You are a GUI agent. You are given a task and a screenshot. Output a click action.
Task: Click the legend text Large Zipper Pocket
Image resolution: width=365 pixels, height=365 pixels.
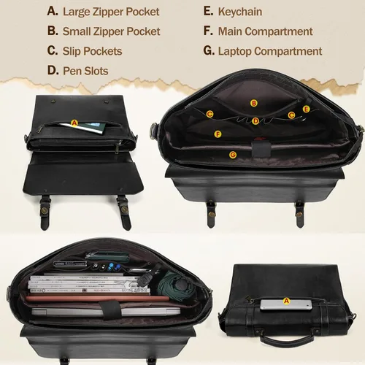111,12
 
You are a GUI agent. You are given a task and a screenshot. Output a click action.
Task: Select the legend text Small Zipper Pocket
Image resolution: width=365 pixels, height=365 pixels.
111,31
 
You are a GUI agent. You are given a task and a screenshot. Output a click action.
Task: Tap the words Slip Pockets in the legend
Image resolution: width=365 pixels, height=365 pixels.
92,51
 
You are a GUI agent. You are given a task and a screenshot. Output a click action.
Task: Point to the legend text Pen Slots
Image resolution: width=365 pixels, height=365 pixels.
85,71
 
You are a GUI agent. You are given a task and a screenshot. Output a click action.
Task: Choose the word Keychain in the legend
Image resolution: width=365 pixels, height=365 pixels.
240,12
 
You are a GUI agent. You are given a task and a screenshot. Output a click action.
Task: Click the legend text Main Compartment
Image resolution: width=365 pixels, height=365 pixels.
265,31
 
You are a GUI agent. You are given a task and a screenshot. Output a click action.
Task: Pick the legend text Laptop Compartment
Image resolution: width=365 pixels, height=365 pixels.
270,51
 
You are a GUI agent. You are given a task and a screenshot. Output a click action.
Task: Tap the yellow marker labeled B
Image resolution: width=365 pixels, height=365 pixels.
254,103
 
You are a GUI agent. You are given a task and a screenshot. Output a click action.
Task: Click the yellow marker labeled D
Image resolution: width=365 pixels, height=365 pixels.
255,121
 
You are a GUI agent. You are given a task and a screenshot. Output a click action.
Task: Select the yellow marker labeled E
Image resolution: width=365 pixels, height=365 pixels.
306,109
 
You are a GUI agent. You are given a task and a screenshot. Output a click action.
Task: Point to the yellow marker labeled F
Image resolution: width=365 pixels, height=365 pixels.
218,134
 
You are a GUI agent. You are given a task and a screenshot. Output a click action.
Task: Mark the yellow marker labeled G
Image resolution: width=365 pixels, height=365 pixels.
233,155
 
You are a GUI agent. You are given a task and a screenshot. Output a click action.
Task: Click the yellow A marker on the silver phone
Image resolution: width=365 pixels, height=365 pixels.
286,301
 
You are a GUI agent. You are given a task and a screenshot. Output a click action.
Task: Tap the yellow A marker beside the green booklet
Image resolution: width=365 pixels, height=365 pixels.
74,123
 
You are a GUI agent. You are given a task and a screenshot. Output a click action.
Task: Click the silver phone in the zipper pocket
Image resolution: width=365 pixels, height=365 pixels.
286,305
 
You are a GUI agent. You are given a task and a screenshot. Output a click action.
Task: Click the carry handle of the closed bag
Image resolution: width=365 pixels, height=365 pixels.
287,338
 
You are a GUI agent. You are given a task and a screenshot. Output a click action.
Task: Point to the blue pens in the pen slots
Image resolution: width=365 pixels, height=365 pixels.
114,266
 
